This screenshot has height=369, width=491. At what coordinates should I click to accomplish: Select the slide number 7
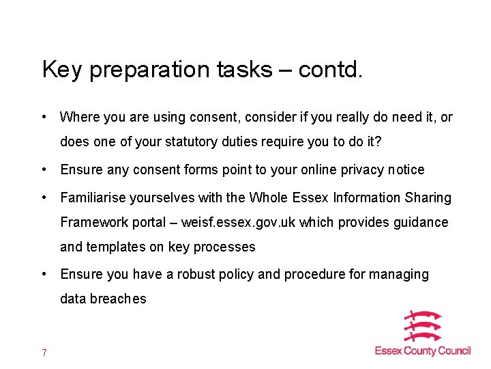click(x=44, y=353)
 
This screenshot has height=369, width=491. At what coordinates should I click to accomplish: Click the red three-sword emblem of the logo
click(x=422, y=327)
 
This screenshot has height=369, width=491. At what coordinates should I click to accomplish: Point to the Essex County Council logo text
click(x=422, y=351)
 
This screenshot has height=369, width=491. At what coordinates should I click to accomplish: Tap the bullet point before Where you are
click(x=45, y=118)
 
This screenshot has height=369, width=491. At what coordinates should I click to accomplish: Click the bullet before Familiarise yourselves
click(x=45, y=198)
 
